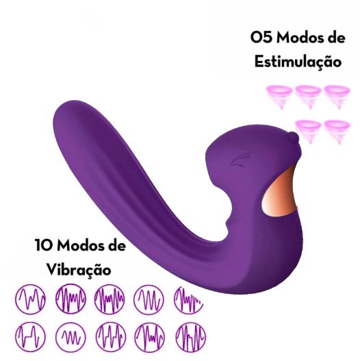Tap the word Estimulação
pos(298,62)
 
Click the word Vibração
pos(79,269)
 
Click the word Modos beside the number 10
pos(81,245)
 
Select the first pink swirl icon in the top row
pos(280,97)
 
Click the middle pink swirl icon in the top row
pos(308,97)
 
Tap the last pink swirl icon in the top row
pos(337,97)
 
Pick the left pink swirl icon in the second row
pos(308,132)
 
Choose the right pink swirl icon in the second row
pos(337,132)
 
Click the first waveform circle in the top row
pos(31,299)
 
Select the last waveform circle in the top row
pos(189,299)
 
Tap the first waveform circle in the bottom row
pos(31,337)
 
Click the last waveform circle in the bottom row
pos(191,337)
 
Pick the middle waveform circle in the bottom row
pos(111,337)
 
